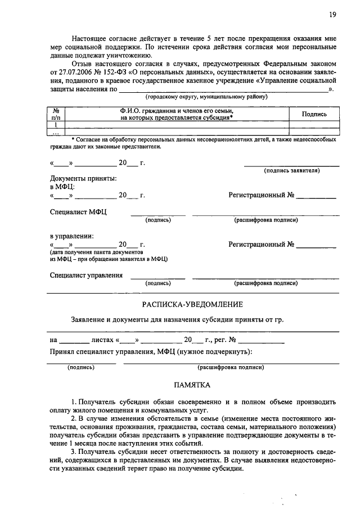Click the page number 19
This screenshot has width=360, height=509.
point(332,15)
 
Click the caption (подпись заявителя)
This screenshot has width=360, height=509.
point(292,170)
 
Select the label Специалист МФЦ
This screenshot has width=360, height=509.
point(78,212)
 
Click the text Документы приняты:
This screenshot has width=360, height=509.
point(83,178)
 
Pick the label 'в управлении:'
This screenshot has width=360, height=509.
point(71,236)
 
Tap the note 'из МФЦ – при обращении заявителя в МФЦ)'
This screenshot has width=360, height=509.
point(108,259)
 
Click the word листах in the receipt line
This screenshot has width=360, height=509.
point(103,340)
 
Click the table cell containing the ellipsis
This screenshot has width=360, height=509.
point(56,133)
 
